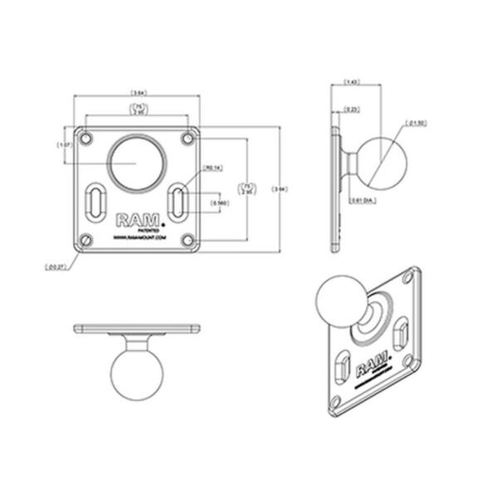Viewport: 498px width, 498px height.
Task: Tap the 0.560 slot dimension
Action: [x=221, y=203]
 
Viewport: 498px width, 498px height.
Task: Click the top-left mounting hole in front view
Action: [x=85, y=136]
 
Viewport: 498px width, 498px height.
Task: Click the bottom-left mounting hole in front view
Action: [x=85, y=241]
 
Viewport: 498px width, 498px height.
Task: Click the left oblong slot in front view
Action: [x=96, y=203]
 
